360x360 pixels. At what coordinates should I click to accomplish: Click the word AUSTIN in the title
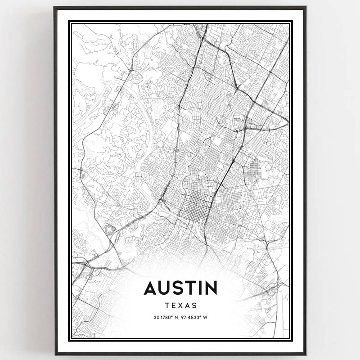tap(180, 288)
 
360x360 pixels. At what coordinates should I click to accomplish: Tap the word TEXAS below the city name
tap(180, 305)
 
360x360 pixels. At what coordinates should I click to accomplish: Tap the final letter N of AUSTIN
tap(210, 288)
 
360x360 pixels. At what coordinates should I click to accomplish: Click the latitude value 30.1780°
tap(162, 317)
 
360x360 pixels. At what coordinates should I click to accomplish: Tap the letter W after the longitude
tap(205, 317)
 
